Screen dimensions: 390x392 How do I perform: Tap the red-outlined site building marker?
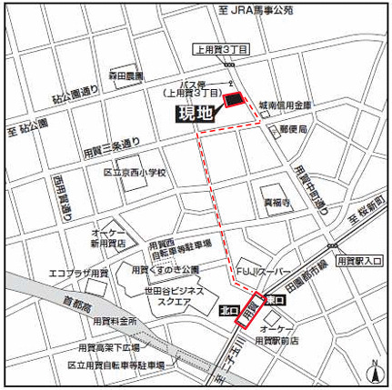click(234, 99)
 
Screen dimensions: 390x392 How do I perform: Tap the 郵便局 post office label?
click(295, 131)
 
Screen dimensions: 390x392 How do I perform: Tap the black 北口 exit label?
click(230, 310)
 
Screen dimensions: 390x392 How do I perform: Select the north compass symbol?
click(373, 369)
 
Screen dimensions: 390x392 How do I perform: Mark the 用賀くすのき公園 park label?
click(164, 270)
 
